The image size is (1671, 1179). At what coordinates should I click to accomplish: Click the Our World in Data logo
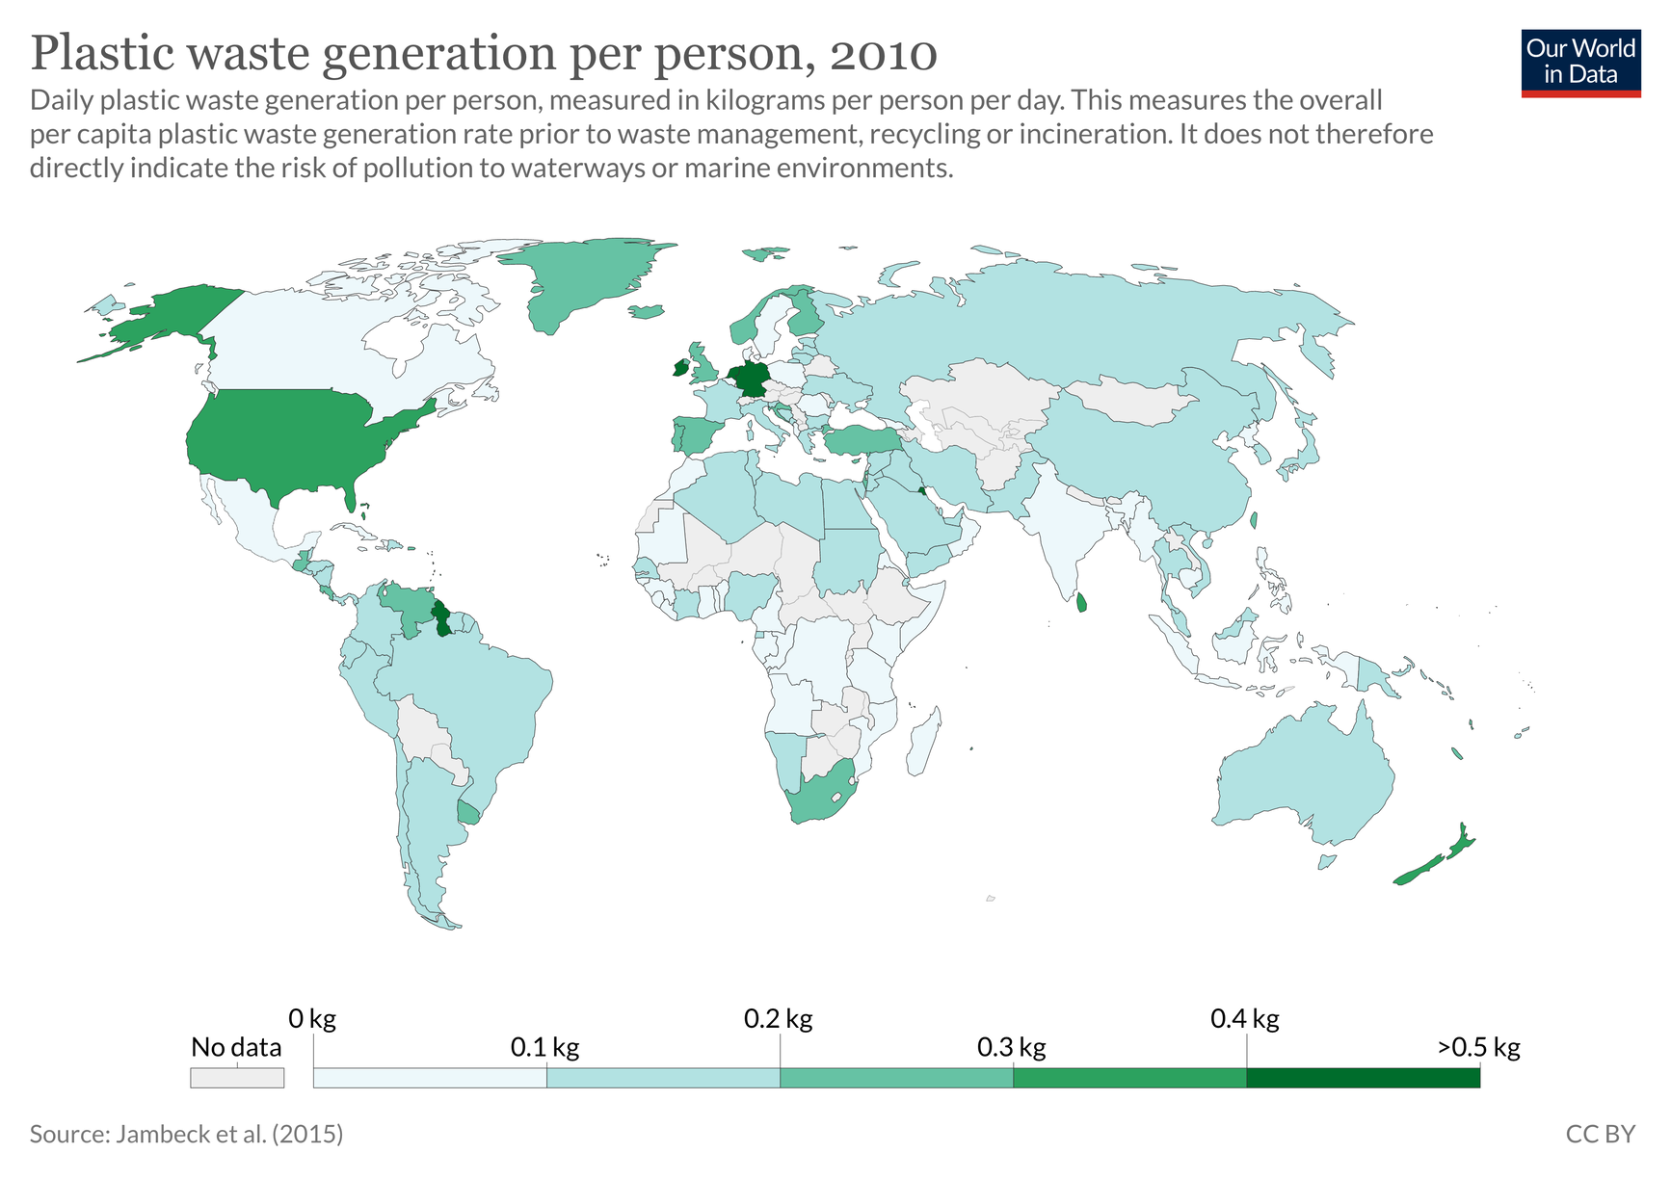[x=1580, y=64]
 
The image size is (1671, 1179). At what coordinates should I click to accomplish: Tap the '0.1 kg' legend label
[x=544, y=1047]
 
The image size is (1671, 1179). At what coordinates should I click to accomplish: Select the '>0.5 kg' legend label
[x=1478, y=1047]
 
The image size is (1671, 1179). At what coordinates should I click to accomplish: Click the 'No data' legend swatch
[x=237, y=1078]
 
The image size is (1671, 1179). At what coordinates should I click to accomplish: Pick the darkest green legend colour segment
[x=1363, y=1078]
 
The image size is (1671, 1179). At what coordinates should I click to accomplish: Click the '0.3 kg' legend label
[x=1011, y=1047]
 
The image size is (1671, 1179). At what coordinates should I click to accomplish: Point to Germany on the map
[x=749, y=380]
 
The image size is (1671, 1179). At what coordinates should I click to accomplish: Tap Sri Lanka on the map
[x=1081, y=603]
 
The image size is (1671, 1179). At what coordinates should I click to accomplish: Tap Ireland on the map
[x=680, y=367]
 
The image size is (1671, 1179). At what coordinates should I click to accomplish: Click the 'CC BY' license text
[x=1600, y=1134]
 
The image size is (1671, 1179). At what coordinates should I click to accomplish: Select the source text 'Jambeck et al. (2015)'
[x=229, y=1134]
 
